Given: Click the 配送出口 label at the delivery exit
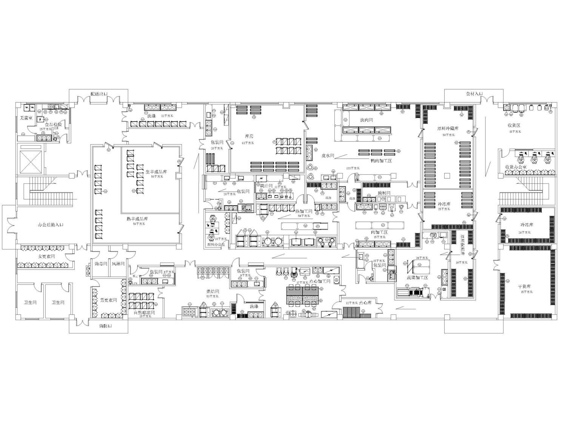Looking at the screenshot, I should click(x=100, y=93).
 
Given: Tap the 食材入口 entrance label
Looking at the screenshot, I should click(x=474, y=93).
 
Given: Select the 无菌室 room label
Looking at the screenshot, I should click(x=26, y=118).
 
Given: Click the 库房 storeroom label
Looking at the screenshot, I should click(x=249, y=136).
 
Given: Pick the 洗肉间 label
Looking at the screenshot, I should click(x=366, y=120).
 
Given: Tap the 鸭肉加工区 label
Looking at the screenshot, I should click(x=381, y=161).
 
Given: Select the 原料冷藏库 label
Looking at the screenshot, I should click(x=448, y=129).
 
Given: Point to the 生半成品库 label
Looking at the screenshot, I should click(x=156, y=172).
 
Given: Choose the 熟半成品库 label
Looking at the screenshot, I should click(x=137, y=219).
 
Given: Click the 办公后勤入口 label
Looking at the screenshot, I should click(x=51, y=225).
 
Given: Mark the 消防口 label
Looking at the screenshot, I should click(x=106, y=326).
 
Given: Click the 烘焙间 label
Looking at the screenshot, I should click(x=213, y=291).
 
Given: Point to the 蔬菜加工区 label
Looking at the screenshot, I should click(x=418, y=277).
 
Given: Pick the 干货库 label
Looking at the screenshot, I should click(x=525, y=287).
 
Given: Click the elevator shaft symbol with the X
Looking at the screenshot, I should click(x=31, y=159).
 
